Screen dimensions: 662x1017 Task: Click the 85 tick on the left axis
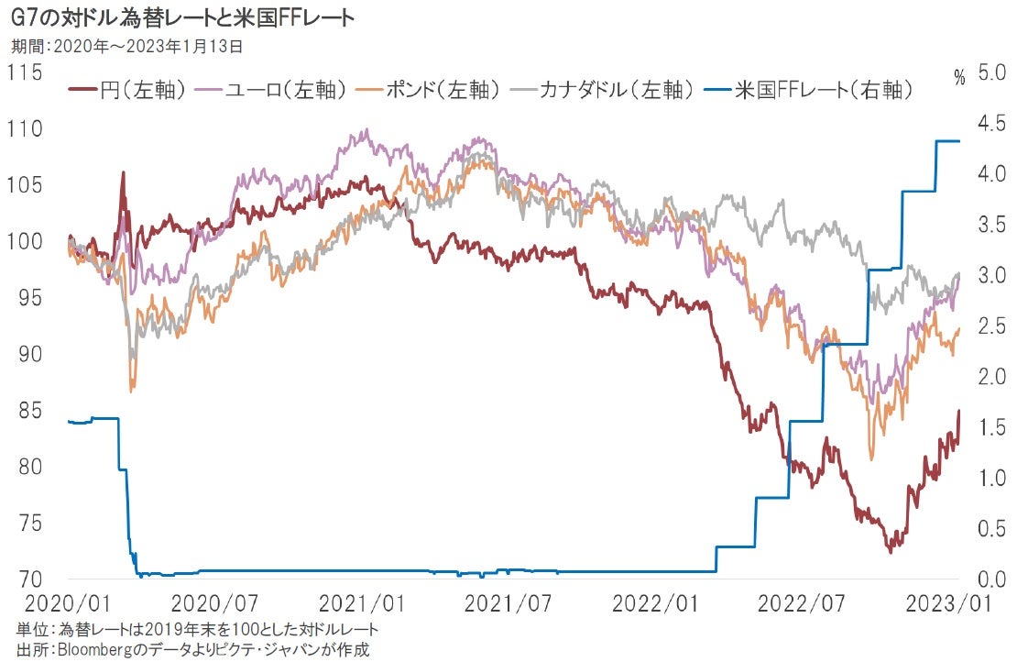click(x=29, y=410)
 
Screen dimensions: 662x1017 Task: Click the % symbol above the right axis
click(x=958, y=78)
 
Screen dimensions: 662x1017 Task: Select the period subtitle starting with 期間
click(x=127, y=44)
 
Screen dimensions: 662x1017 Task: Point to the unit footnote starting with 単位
click(x=197, y=630)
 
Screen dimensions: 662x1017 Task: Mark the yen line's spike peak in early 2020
click(x=123, y=172)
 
